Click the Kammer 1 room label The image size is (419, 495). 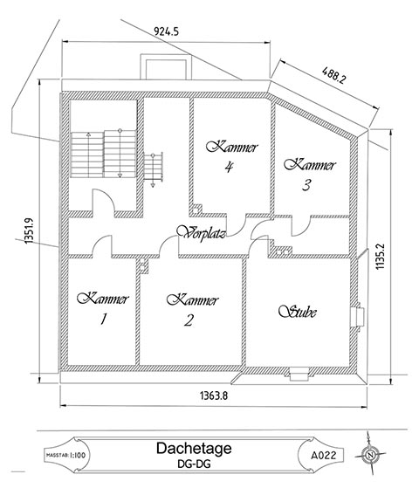103,308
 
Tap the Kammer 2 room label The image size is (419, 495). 192,309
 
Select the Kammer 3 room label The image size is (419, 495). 310,175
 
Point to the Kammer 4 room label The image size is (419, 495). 232,157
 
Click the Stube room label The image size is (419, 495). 298,311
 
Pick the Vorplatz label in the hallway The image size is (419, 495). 201,233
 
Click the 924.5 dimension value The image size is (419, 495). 166,31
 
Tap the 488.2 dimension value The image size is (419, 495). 333,75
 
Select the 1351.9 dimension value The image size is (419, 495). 30,230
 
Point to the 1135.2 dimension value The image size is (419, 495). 380,257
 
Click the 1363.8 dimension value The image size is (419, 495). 214,395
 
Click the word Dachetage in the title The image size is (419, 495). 194,448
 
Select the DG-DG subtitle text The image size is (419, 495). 194,464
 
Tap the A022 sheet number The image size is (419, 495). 323,455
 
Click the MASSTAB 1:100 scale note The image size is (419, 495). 65,455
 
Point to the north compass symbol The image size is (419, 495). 369,455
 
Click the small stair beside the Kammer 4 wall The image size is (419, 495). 153,169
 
